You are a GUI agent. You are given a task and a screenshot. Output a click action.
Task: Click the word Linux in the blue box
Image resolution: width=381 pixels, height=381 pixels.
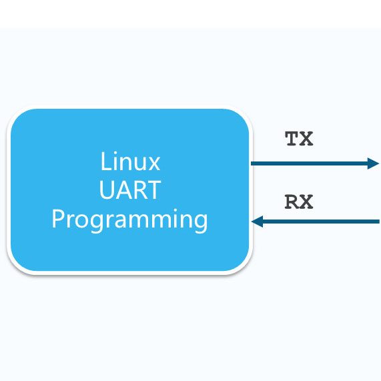click(x=130, y=161)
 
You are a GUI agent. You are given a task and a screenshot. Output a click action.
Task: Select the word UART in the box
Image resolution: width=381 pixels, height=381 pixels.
click(x=130, y=190)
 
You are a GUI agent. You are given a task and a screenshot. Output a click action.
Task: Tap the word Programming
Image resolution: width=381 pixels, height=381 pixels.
click(x=130, y=220)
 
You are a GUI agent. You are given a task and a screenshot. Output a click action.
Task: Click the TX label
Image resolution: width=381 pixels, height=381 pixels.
click(x=299, y=139)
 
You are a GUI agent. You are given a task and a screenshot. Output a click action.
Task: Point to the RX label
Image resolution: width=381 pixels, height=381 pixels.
click(x=299, y=202)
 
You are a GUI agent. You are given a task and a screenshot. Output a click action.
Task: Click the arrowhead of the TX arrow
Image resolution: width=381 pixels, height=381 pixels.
click(x=374, y=163)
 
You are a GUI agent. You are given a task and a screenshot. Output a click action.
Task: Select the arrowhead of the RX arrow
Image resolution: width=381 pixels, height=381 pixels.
click(x=257, y=222)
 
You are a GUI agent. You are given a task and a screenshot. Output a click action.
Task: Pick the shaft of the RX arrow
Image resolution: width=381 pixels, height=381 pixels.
click(x=320, y=222)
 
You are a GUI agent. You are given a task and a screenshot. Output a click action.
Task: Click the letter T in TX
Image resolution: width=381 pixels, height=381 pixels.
click(x=292, y=139)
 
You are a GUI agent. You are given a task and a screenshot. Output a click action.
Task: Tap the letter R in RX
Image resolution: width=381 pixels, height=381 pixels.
click(x=292, y=202)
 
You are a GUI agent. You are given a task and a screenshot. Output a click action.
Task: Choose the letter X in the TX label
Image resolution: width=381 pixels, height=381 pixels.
click(x=306, y=139)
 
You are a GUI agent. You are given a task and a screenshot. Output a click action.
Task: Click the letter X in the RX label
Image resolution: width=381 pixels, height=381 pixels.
click(x=306, y=202)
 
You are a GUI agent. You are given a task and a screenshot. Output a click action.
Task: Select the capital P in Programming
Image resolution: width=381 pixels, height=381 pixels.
click(x=58, y=219)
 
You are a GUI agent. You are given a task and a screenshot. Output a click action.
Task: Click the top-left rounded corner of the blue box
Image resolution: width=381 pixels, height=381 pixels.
click(x=19, y=119)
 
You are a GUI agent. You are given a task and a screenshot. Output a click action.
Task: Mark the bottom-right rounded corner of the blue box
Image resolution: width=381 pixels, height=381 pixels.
click(x=241, y=262)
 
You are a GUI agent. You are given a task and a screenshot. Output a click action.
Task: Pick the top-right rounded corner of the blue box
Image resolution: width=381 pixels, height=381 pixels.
click(x=241, y=119)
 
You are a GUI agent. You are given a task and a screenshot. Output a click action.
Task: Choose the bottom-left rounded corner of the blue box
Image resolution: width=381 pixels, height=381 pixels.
click(x=19, y=262)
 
